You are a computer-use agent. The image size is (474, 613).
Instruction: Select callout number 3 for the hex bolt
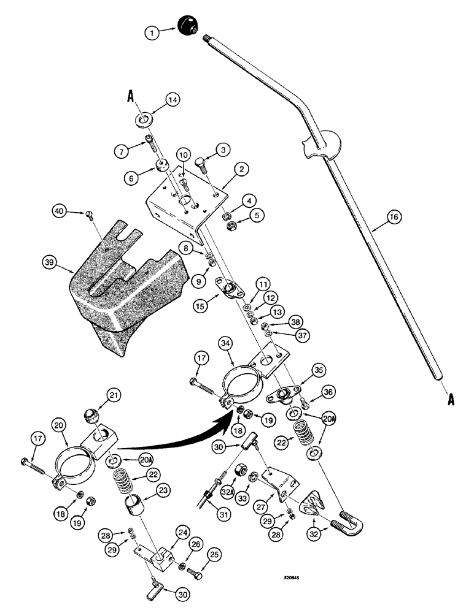[x=224, y=148]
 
